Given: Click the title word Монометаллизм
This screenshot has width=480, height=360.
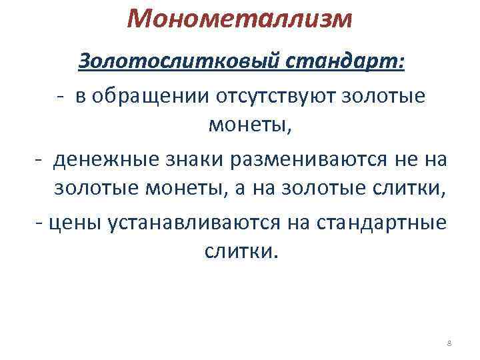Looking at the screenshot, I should (x=239, y=20).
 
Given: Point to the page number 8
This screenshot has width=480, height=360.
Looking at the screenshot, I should (x=449, y=343).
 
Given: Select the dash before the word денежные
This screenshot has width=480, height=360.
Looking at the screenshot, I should (x=39, y=160).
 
